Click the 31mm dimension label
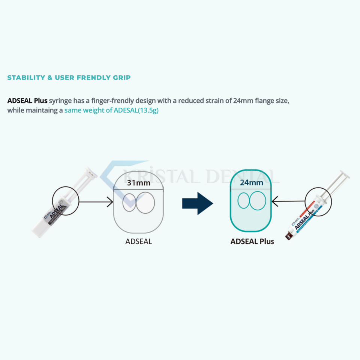(x=139, y=183)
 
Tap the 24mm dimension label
(x=251, y=183)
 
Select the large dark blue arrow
(x=198, y=204)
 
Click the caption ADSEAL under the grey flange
(x=139, y=241)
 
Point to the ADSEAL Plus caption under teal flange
(x=252, y=241)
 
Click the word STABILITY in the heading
(x=26, y=78)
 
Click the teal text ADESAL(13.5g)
(x=136, y=110)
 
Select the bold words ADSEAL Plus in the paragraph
(x=27, y=100)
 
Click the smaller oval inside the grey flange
(x=123, y=202)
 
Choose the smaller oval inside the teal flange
(x=238, y=200)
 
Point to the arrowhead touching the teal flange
(x=274, y=201)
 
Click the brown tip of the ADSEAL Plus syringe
(x=288, y=236)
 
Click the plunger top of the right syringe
(x=345, y=174)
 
